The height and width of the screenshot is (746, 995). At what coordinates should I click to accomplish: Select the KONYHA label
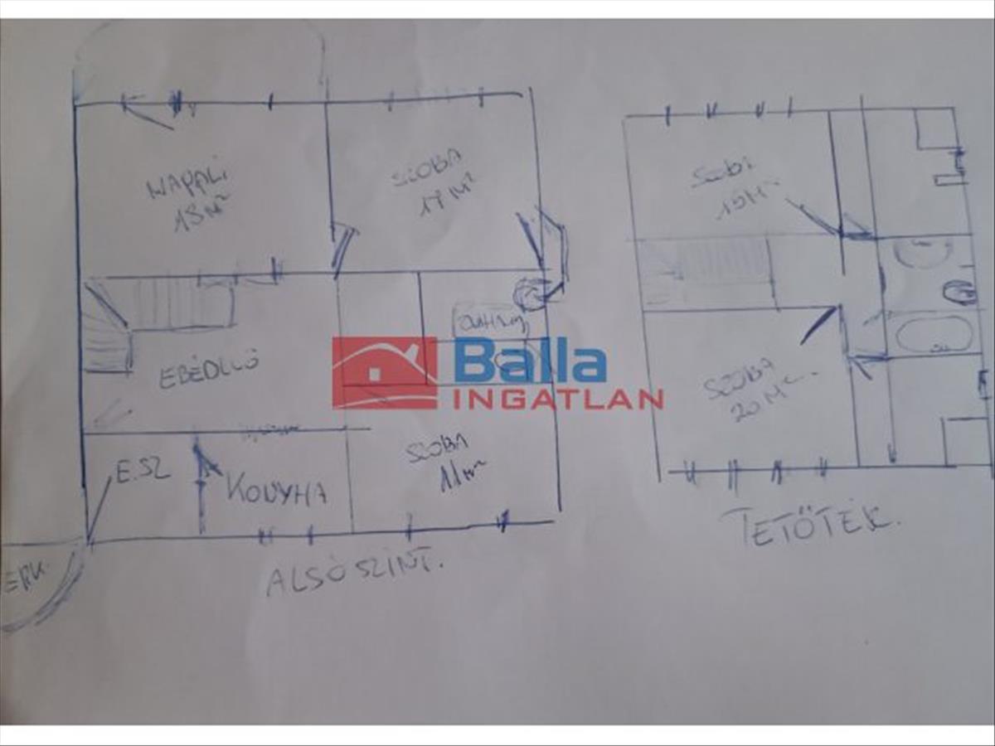click(276, 490)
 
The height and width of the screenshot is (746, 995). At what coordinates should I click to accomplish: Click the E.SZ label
click(143, 472)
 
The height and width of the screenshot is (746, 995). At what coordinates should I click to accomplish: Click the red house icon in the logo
click(385, 373)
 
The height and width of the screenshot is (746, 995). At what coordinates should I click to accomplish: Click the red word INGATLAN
click(558, 400)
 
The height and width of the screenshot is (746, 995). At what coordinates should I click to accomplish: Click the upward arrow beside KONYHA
click(200, 485)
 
